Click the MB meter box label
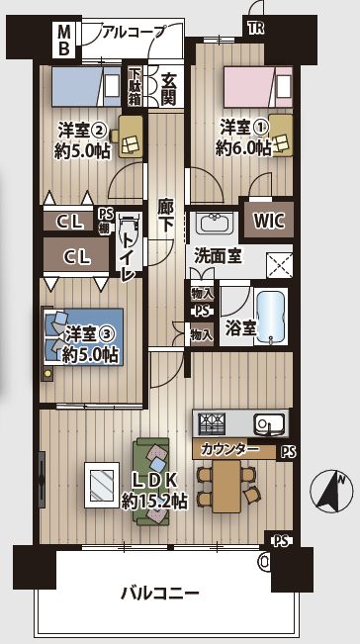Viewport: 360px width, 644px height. pos(63,40)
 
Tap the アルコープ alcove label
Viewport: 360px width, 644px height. pos(134,32)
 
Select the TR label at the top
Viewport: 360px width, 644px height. pos(255,29)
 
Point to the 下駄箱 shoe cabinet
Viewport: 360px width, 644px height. pos(135,85)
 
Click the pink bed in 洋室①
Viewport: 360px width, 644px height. pos(258,87)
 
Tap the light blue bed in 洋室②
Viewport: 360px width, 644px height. pos(86,86)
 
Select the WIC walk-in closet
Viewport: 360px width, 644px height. pos(268,220)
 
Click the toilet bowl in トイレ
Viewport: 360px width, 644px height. pos(130,232)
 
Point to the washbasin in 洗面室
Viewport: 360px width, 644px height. pos(214,223)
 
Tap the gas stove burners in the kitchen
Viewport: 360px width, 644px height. pos(212,423)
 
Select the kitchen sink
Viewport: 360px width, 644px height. pos(269,423)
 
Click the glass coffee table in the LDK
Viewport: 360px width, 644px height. pos(102,485)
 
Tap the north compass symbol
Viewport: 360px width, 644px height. pos(331,493)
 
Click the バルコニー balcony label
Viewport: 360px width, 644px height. pos(160,594)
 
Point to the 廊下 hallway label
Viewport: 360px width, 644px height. pos(165,216)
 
